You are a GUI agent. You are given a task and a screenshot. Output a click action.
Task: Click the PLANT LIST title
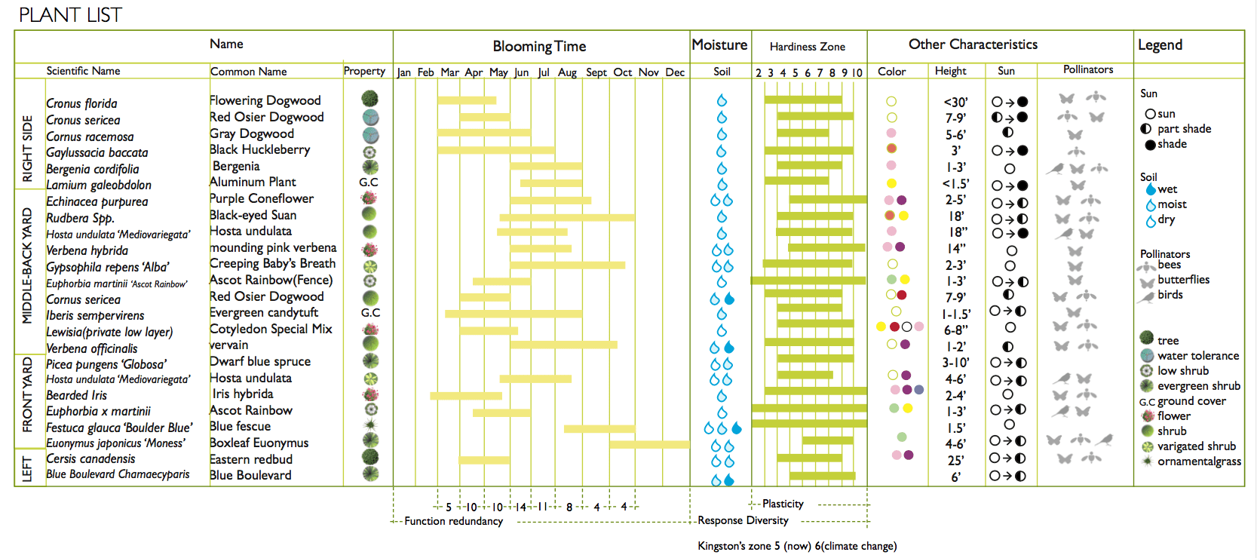(x=70, y=15)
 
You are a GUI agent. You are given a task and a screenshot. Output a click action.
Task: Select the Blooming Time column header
(x=539, y=46)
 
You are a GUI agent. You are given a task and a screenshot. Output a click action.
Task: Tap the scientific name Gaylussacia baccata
(x=97, y=152)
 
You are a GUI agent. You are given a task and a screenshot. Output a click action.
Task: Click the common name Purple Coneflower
(x=261, y=198)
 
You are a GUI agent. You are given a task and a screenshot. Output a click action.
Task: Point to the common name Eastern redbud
(x=250, y=459)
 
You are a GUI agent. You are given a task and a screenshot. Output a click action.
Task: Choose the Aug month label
(x=567, y=72)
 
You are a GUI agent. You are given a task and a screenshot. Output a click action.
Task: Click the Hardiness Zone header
(x=807, y=47)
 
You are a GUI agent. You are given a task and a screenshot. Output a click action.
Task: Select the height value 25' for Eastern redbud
(x=955, y=460)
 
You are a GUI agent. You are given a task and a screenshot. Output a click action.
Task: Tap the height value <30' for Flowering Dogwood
(x=955, y=103)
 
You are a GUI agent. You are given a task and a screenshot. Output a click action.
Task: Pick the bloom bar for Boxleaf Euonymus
(x=649, y=444)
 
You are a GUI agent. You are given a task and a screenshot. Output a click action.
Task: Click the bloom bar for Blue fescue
(x=599, y=428)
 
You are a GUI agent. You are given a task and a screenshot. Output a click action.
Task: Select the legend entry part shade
(x=1184, y=129)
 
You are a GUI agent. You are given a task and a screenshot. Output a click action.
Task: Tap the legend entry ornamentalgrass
(x=1199, y=461)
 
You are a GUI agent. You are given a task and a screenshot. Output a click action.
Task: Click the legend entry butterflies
(x=1183, y=280)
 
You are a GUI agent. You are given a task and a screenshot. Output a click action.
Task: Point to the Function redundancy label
(x=453, y=521)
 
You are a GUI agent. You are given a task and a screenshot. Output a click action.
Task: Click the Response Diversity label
(x=743, y=520)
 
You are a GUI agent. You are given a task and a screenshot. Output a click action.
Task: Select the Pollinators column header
(x=1087, y=69)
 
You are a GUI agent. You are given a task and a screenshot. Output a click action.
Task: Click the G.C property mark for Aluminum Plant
(x=369, y=182)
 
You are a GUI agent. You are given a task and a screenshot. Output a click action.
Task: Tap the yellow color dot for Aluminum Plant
(x=891, y=183)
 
